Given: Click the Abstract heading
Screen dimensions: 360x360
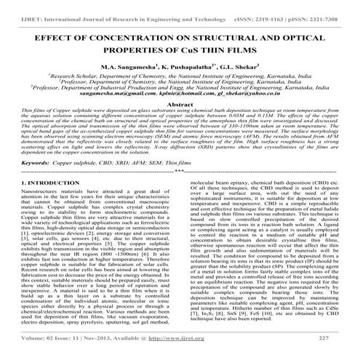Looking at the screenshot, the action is (x=180, y=104).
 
